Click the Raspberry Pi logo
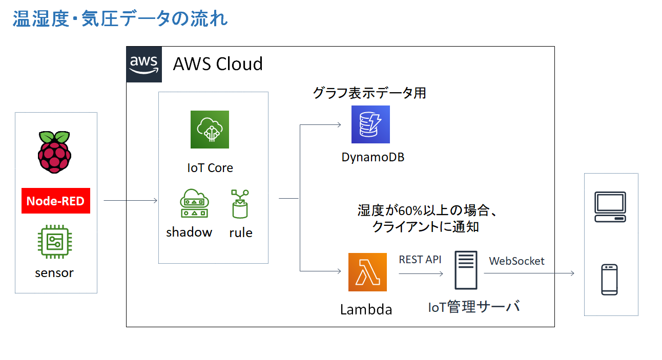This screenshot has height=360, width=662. click(54, 153)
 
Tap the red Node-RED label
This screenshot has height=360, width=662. click(55, 201)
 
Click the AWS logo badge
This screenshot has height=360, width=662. click(144, 64)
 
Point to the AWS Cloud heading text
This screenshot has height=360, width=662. click(218, 64)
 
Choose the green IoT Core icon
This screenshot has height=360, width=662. click(210, 130)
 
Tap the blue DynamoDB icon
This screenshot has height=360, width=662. click(370, 124)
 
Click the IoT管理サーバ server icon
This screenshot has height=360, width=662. click(466, 270)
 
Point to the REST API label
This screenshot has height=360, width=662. click(420, 260)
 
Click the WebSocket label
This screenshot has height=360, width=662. click(516, 261)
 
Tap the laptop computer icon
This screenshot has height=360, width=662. click(610, 206)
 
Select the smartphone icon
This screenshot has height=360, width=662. click(609, 280)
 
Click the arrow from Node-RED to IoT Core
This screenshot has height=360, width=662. click(131, 201)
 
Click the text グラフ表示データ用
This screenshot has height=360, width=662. click(369, 93)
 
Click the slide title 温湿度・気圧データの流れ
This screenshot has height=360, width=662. click(120, 19)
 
